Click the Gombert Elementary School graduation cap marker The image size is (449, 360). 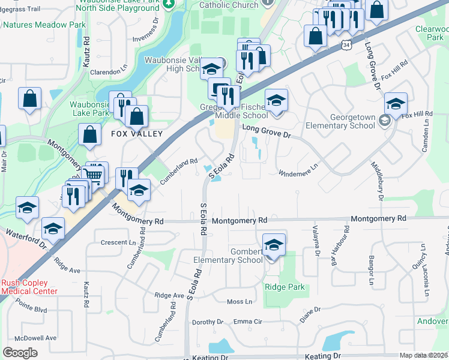[274, 245]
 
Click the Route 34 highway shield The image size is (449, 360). [346, 45]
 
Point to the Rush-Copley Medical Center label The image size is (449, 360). [29, 287]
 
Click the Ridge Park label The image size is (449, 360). [285, 287]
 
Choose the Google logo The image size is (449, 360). [20, 352]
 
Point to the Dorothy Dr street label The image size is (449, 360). [208, 322]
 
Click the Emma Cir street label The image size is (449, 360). [248, 322]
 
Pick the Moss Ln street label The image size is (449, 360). [238, 301]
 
